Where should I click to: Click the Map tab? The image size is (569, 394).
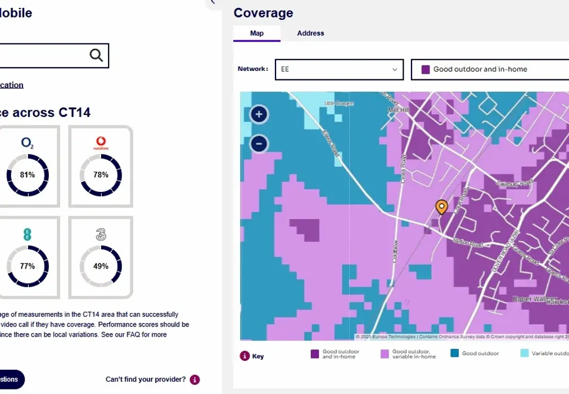[x=256, y=33]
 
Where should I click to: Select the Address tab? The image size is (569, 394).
[x=310, y=33]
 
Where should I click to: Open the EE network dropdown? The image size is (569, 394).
[x=339, y=69]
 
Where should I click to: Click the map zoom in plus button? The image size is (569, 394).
[x=259, y=115]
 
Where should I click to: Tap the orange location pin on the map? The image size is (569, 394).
[x=442, y=207]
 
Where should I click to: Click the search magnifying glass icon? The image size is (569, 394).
[x=96, y=55]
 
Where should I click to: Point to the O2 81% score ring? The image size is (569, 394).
[x=28, y=175]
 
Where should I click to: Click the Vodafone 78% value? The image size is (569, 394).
[x=101, y=175]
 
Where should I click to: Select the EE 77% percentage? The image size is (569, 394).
[x=28, y=266]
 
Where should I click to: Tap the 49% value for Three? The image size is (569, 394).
[x=101, y=266]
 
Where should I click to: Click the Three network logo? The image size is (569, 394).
[x=101, y=234]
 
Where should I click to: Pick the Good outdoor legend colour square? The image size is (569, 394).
[x=454, y=353]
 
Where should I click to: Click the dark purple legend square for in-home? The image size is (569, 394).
[x=315, y=353]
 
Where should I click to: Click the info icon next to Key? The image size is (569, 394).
[x=245, y=356]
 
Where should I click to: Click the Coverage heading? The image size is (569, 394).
[x=263, y=13]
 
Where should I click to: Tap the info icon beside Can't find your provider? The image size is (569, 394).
[x=195, y=379]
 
